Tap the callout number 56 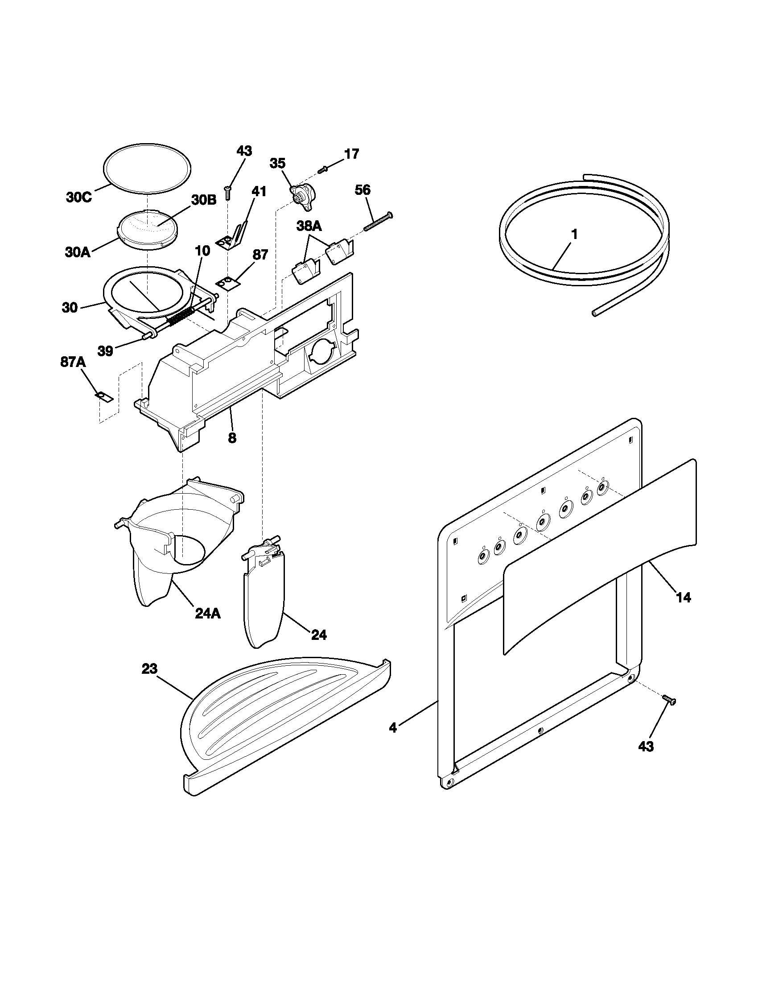point(363,190)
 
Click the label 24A point(207,614)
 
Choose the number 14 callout point(683,598)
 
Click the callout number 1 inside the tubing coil point(574,235)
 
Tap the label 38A point(309,227)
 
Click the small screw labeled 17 point(323,170)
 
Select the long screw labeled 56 point(378,222)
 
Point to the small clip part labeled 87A point(104,396)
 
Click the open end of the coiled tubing point(594,314)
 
